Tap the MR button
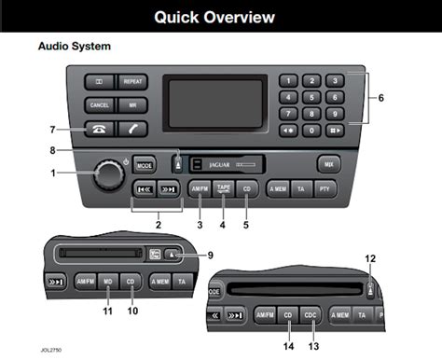tap(132, 105)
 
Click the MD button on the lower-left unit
tap(110, 279)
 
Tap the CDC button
tap(311, 316)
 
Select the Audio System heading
tap(74, 46)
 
